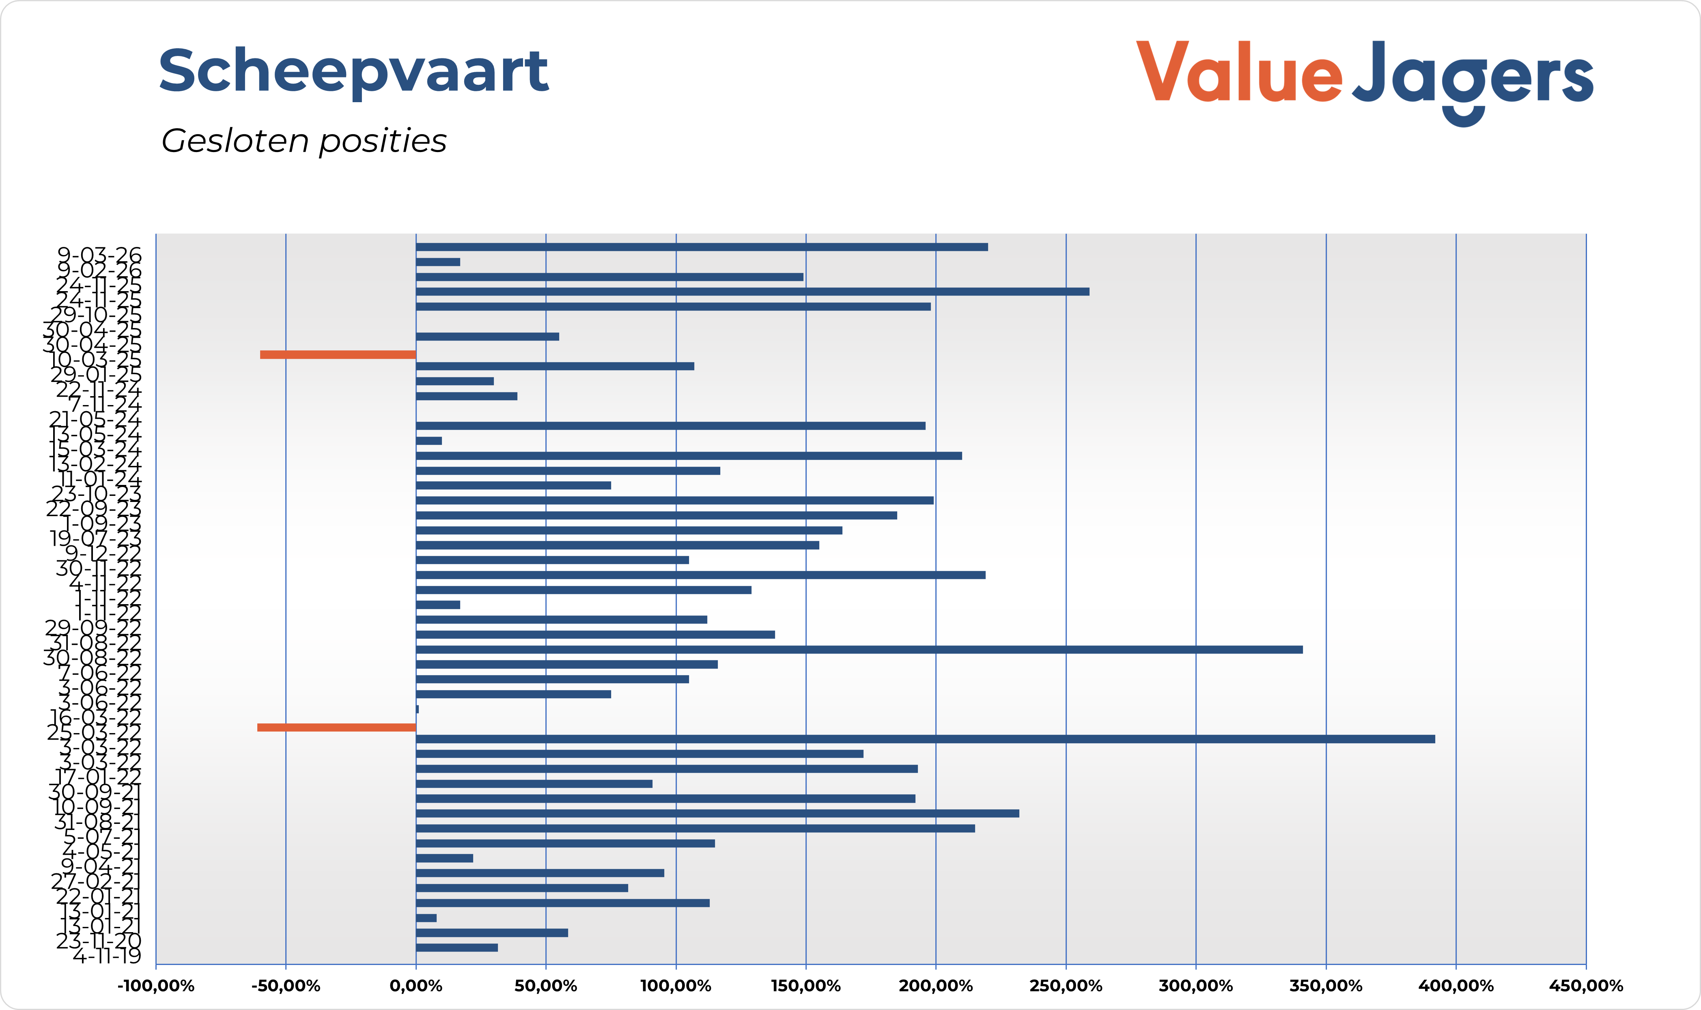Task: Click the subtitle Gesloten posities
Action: [x=304, y=141]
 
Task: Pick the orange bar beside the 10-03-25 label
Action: [x=338, y=355]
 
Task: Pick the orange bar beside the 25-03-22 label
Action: [x=336, y=727]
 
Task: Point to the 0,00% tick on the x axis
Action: [x=416, y=986]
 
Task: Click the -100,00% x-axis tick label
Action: [x=156, y=986]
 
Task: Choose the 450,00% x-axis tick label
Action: [x=1586, y=986]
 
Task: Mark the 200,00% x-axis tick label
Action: [x=936, y=986]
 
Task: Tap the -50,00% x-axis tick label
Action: [x=286, y=986]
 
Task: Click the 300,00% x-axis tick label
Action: [x=1196, y=986]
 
